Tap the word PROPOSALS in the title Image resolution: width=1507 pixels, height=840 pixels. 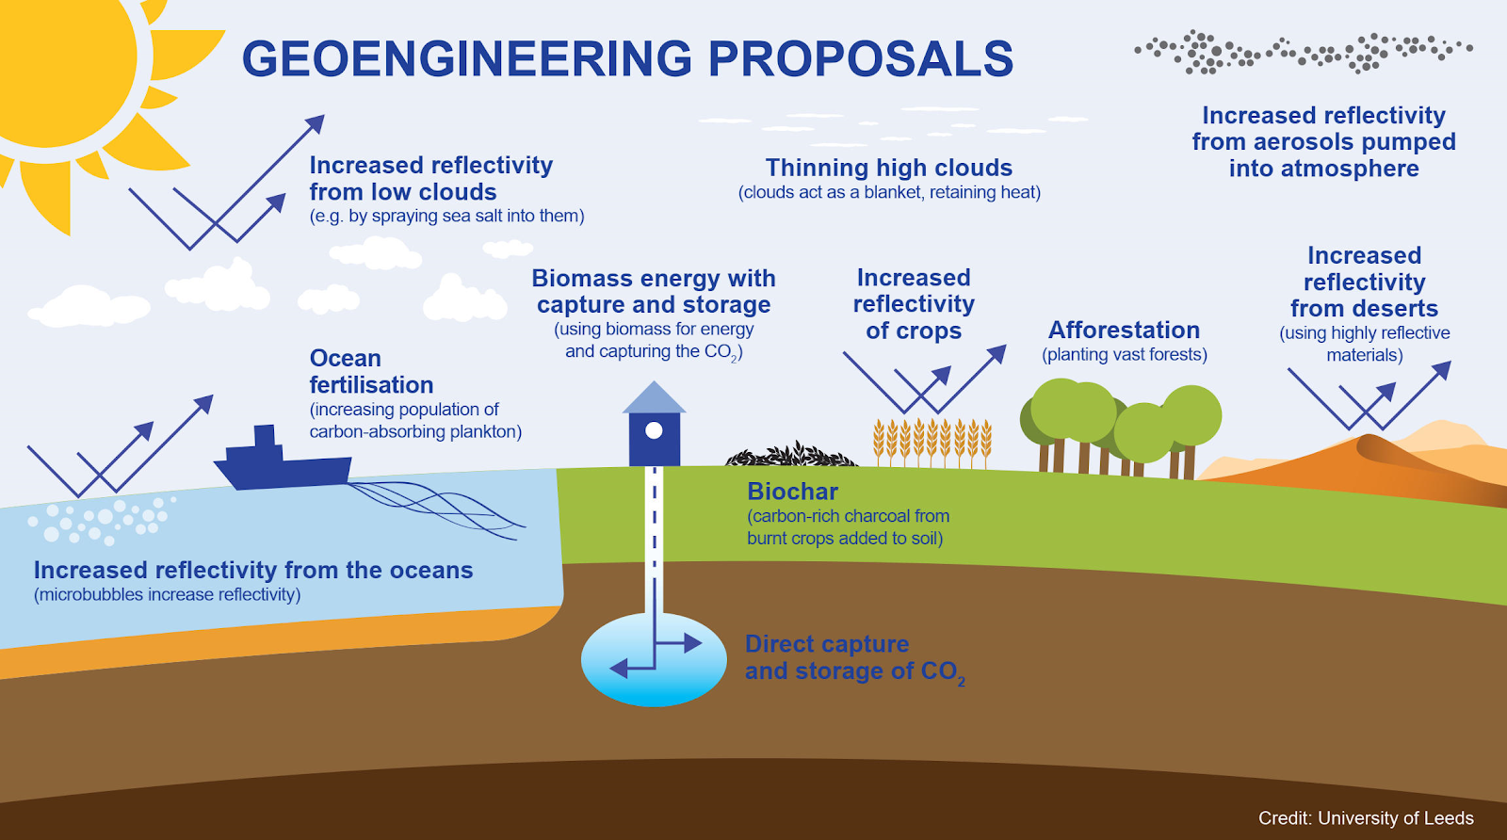pos(861,58)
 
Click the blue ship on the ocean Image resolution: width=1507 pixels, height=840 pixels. pos(283,460)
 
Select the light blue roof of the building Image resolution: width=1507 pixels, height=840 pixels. pos(654,397)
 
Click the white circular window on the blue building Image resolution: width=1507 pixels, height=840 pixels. pos(654,430)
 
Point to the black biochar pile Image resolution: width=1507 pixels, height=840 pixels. pos(791,455)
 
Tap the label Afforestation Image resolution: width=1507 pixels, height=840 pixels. pos(1125,331)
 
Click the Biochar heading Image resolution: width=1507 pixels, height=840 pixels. pos(792,492)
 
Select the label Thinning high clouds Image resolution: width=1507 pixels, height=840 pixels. pos(889,168)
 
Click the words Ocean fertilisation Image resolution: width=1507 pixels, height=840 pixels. pos(371,371)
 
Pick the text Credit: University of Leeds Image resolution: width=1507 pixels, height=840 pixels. pos(1366,817)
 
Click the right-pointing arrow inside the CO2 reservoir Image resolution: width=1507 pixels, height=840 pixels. pos(678,643)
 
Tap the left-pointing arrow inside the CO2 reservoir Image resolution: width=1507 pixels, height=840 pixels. pos(632,669)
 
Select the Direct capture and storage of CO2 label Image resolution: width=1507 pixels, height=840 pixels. pos(855,658)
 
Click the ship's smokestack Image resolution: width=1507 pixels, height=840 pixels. pos(265,436)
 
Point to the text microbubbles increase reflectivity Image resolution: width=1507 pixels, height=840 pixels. pos(168,594)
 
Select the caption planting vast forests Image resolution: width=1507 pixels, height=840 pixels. pos(1125,354)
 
